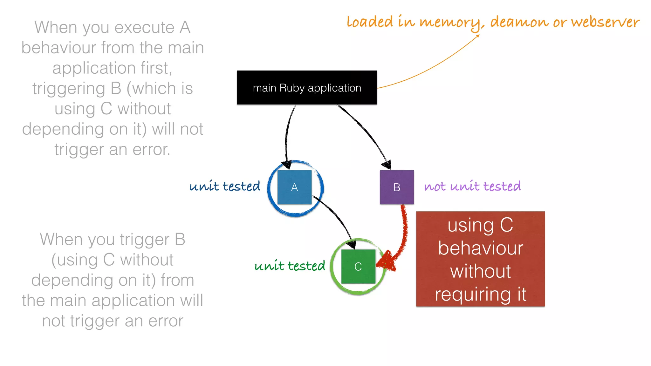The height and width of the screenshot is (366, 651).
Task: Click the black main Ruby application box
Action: coord(307,87)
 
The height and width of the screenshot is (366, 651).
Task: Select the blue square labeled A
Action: coord(294,187)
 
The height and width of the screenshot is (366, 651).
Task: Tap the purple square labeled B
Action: coord(397,187)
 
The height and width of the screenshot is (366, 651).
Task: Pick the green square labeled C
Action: coord(358,266)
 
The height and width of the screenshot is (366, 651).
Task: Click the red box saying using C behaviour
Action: coord(480,259)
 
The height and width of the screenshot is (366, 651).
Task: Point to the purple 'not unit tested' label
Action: coord(472,186)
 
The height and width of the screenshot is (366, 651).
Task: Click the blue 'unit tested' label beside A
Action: coord(225,186)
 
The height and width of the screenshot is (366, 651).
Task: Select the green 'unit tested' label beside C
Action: coord(290,266)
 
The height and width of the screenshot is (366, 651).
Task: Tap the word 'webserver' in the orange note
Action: coord(605,22)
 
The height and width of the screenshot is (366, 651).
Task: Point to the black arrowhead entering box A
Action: coord(287,164)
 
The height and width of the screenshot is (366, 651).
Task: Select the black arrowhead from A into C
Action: coord(352,244)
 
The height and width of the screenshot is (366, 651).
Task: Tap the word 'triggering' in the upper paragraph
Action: coord(69,88)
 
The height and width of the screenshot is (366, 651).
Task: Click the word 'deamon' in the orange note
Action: coord(519,22)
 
